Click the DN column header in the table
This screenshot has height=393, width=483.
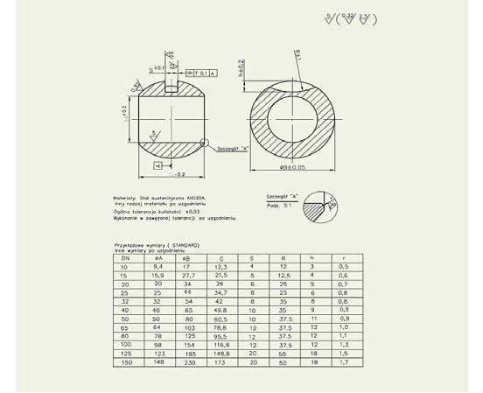(126, 258)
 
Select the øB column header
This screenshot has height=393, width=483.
(185, 258)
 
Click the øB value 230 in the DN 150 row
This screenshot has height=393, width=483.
(185, 362)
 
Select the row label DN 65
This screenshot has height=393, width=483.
(126, 327)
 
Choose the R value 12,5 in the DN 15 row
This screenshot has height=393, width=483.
(283, 275)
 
